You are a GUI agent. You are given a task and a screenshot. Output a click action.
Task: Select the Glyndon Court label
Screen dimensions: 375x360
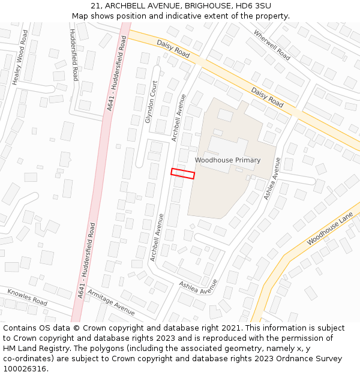point(151,102)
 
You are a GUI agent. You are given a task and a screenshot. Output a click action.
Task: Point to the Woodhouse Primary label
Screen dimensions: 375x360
point(227,160)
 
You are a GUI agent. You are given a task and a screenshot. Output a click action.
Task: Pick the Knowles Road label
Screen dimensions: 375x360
point(27,297)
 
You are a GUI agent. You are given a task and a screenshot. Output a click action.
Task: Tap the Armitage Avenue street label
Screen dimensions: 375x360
point(111,301)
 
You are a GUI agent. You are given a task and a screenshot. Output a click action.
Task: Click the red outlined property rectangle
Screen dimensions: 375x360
point(183,173)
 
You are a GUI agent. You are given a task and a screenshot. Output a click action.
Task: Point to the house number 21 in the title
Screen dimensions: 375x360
point(96,6)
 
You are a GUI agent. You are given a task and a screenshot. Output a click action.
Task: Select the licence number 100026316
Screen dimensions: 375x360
point(26,369)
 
